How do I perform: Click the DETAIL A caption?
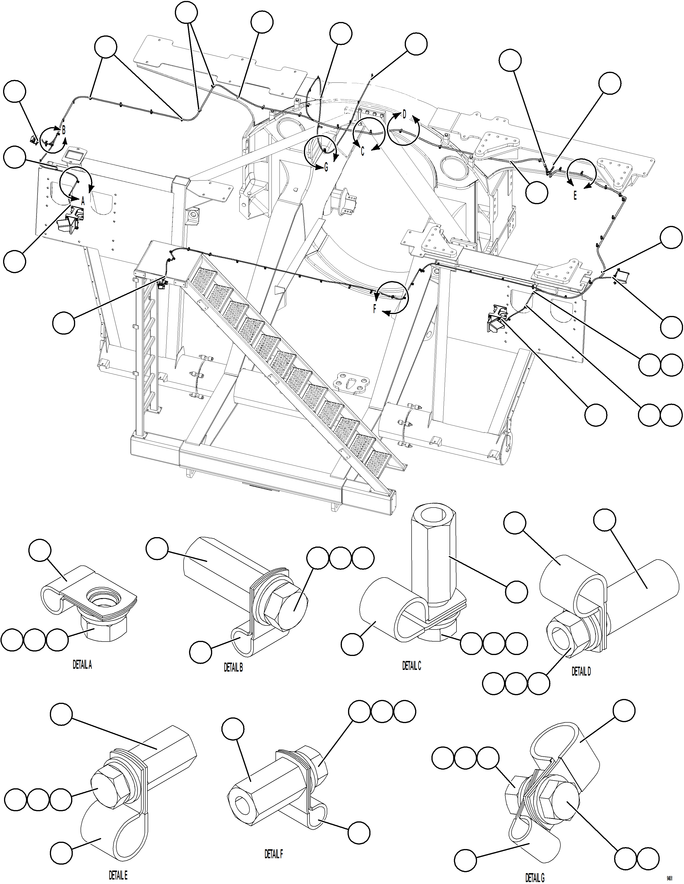click(82, 665)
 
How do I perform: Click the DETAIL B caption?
click(233, 668)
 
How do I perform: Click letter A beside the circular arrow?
click(83, 200)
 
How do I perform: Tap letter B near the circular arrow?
click(64, 130)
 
